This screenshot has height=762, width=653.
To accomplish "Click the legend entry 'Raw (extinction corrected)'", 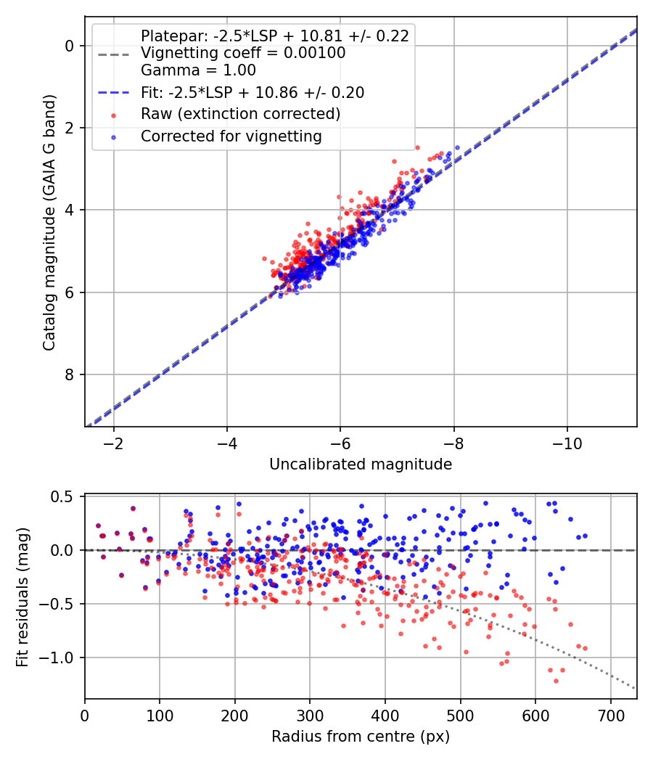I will pos(240,114).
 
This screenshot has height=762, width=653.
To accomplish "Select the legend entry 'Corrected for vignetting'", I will pos(231,136).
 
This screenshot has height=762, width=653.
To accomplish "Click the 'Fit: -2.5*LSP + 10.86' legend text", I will pos(252,92).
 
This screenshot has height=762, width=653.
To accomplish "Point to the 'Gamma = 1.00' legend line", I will pos(198,70).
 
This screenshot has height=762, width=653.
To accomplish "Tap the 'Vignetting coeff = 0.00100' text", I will pos(243,53).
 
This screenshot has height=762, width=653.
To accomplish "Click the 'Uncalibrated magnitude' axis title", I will pos(361,464).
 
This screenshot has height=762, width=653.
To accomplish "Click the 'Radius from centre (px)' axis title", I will pos(361,737).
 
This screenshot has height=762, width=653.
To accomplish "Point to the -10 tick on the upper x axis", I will pos(567,443).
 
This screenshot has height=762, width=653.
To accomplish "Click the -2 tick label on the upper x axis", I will pos(113,443).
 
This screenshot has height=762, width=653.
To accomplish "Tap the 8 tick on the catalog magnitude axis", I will pos(70,374).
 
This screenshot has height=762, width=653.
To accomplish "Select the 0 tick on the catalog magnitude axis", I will pos(70,46).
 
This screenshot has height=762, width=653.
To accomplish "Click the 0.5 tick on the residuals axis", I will pos(64,496).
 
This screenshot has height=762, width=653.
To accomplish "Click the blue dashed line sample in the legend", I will pos(112,93).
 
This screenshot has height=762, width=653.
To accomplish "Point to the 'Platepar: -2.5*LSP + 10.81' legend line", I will pos(274,36).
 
